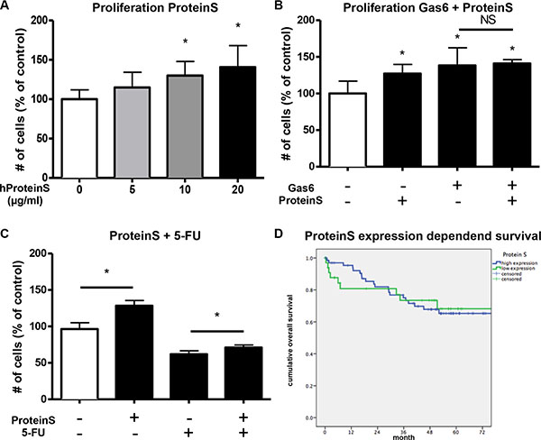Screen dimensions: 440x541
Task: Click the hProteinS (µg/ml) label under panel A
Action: (26, 193)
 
